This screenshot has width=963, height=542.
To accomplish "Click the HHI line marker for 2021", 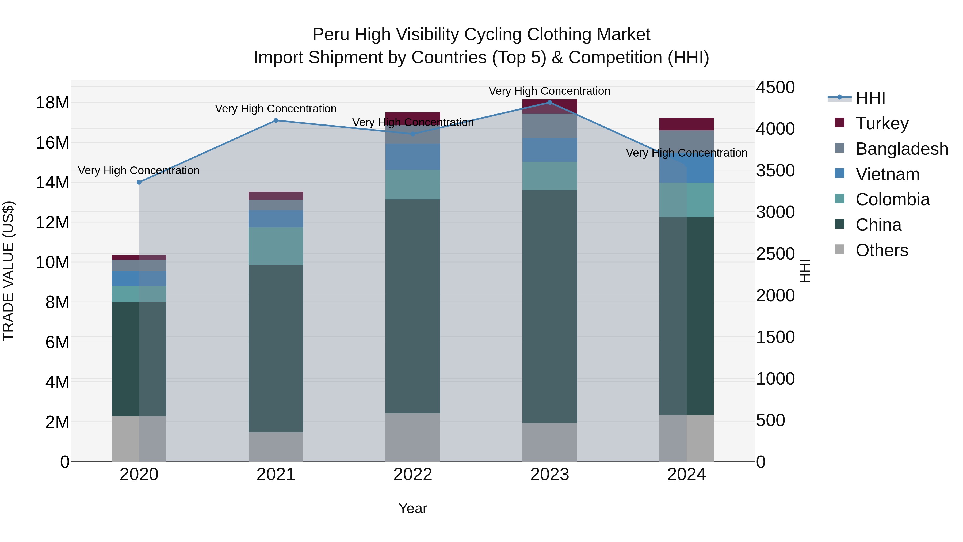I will (276, 120).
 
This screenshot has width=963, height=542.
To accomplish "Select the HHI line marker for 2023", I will (549, 103).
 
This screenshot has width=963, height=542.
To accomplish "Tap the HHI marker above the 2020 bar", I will (139, 183).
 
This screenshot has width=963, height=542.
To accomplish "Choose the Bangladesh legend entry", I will (901, 149).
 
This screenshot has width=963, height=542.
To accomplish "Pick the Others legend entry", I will (881, 250).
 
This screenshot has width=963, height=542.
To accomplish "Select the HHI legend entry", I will (870, 98).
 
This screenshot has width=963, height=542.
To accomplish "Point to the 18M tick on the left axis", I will (52, 103).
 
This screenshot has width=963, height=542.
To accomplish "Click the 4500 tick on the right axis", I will (775, 88).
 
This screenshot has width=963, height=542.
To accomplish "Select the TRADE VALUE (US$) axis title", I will (8, 271).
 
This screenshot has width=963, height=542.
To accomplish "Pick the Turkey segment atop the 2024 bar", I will (686, 124).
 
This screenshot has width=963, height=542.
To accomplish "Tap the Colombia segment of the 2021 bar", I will (276, 246).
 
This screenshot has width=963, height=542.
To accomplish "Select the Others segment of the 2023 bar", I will (549, 442).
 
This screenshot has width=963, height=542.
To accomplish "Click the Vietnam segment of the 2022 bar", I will (413, 157).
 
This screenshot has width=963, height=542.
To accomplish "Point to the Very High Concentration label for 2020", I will (139, 170).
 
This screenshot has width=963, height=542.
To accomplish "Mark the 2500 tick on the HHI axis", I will (775, 254).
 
